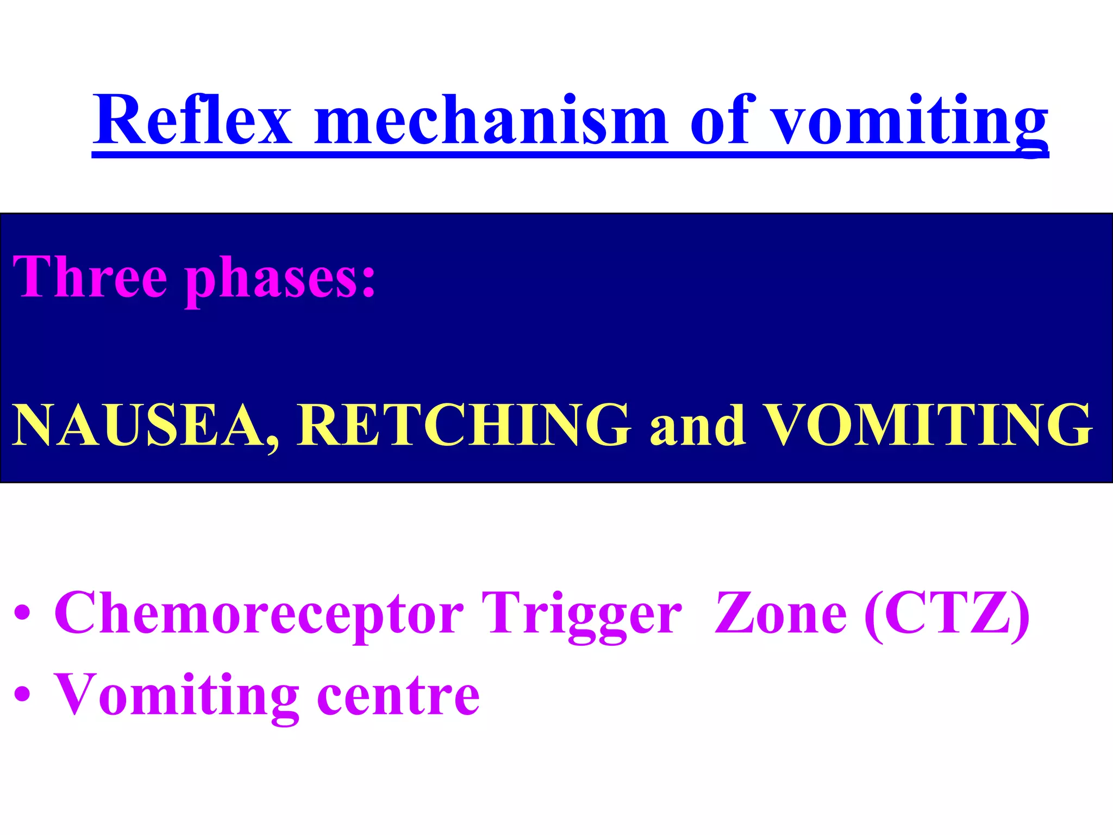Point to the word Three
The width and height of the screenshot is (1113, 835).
90,277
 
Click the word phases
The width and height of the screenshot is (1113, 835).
266,280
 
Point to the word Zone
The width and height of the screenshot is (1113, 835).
780,613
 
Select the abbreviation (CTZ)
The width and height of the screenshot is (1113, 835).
946,613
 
